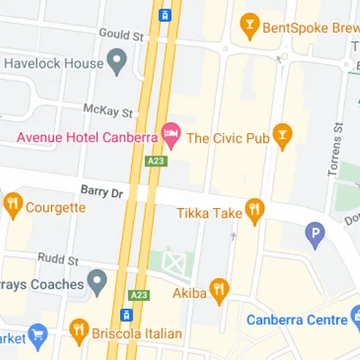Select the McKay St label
[x=108, y=112]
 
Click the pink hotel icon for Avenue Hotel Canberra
[x=171, y=132]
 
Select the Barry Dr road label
[x=102, y=192]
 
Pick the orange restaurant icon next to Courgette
[x=12, y=206]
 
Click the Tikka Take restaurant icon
[x=254, y=210]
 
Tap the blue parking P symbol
[x=315, y=233]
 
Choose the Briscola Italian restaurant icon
[x=78, y=331]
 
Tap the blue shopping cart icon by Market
[x=38, y=334]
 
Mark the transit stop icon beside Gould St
[x=164, y=14]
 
